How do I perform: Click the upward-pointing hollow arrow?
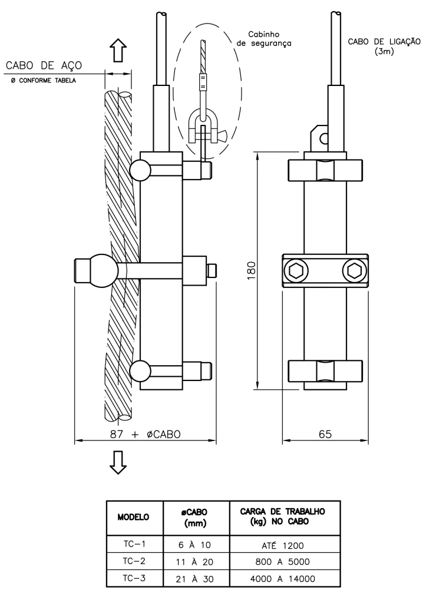(118, 50)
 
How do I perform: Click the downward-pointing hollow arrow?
(118, 462)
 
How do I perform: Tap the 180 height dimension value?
(252, 270)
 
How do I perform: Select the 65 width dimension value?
(325, 434)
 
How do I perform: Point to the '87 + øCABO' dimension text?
(146, 434)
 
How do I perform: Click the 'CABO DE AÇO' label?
(44, 65)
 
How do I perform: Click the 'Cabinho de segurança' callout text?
(264, 39)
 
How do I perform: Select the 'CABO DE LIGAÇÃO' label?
(384, 42)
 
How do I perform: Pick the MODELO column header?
(133, 517)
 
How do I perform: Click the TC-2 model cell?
(134, 561)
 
